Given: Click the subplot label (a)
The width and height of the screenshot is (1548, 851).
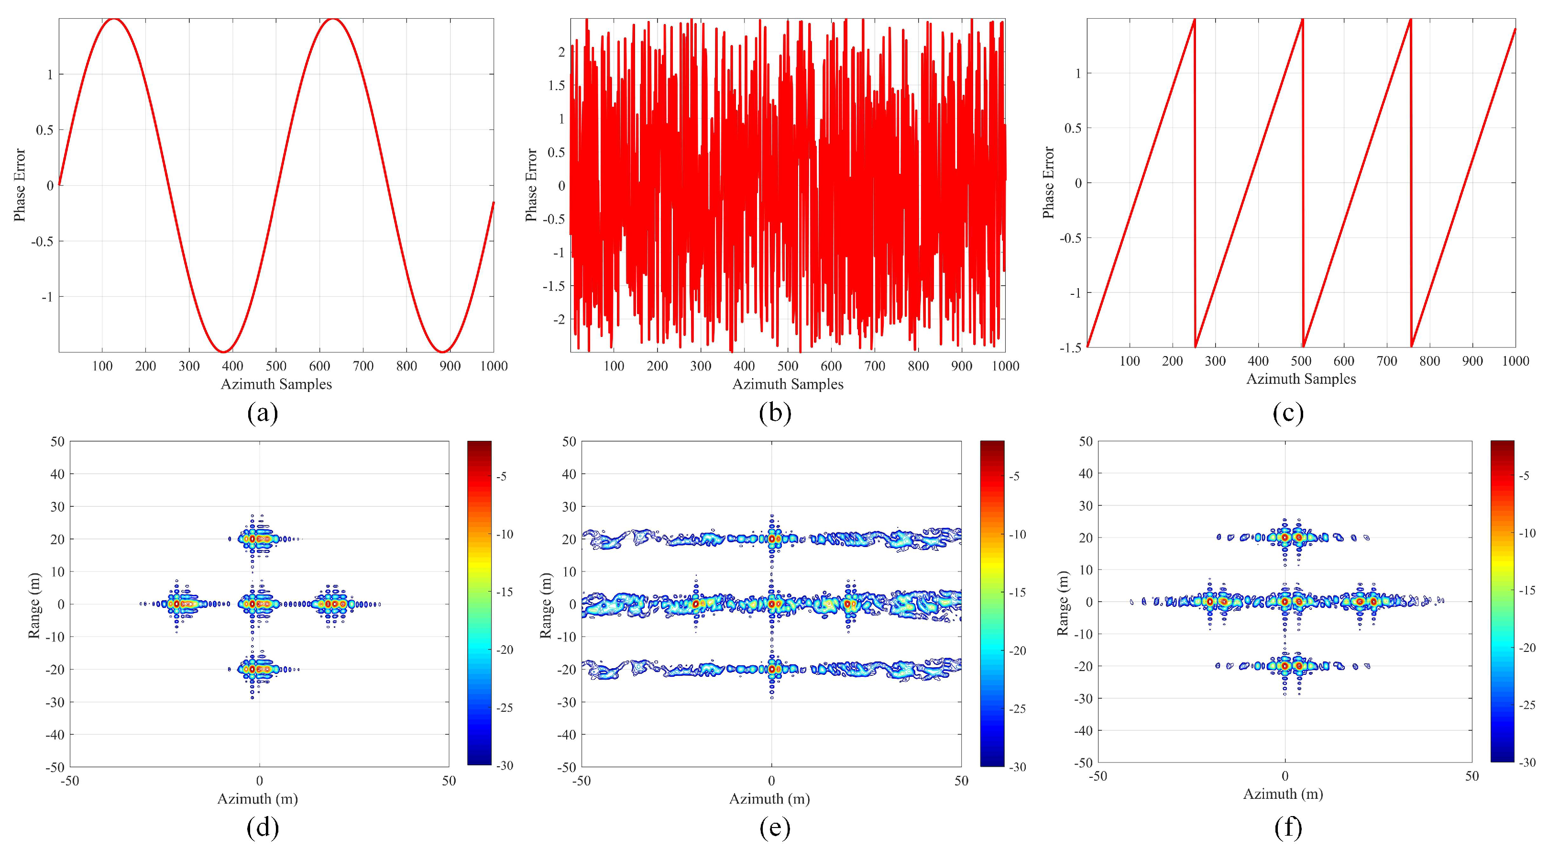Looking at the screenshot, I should point(263,413).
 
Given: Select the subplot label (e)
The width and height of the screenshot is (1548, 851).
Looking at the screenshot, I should point(775,828).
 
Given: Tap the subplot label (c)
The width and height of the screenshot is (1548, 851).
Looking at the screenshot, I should point(1288,413).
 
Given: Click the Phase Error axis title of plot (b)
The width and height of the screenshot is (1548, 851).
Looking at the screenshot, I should point(531,185).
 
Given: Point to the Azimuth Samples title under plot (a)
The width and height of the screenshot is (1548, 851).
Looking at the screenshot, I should point(276,384).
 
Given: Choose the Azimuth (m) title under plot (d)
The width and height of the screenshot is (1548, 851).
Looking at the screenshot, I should point(257,799).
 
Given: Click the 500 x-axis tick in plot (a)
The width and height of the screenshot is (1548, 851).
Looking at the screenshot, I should point(276,366).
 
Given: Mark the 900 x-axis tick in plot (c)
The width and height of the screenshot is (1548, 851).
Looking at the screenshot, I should point(1472,361).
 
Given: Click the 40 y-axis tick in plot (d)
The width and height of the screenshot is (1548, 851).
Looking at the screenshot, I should point(57,474).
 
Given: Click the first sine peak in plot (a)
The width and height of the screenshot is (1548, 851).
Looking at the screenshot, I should point(113,19).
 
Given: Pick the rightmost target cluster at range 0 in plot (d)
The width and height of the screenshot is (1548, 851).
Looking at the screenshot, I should point(332,604).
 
